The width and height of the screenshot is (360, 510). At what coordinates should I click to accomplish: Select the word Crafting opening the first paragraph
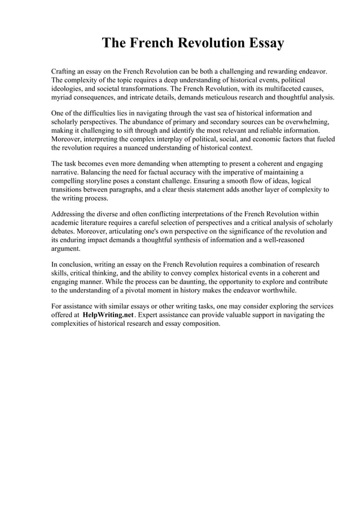pos(65,73)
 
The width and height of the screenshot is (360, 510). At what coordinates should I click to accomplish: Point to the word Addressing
pos(70,214)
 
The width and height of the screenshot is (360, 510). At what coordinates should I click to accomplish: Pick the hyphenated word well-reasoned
pos(279,239)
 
